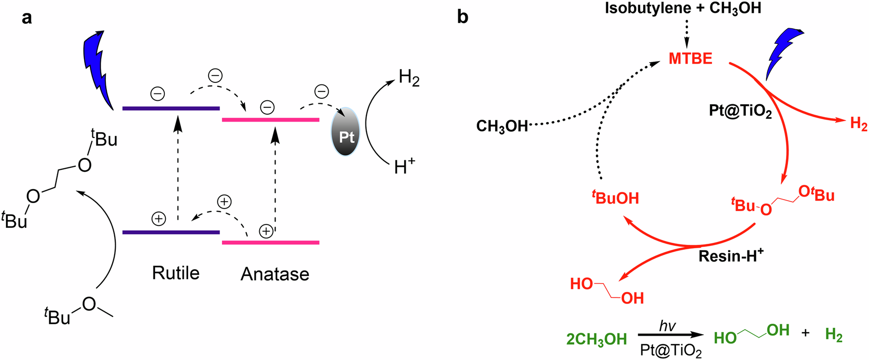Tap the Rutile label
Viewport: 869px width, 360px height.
click(176, 273)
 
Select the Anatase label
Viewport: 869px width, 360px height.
click(275, 274)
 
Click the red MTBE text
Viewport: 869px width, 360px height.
click(690, 59)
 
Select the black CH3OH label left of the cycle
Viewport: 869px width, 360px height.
click(502, 126)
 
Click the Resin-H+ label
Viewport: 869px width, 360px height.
click(730, 256)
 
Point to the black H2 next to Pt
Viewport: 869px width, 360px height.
click(409, 78)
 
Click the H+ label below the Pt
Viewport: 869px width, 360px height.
click(404, 167)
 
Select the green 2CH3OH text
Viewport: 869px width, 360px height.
click(596, 339)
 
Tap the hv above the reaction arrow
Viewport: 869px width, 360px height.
click(667, 326)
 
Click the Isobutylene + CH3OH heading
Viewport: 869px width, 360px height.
click(683, 8)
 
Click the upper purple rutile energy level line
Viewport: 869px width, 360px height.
click(171, 108)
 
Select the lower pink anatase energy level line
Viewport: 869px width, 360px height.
click(271, 242)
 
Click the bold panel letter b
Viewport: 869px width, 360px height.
click(462, 17)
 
